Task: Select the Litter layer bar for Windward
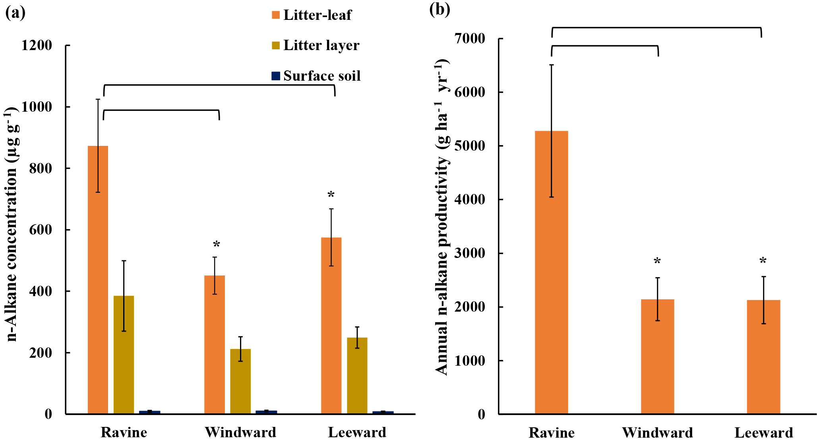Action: [240, 381]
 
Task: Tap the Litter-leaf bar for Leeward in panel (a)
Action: [331, 326]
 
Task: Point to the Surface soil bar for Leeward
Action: [383, 413]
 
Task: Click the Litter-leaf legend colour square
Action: [275, 15]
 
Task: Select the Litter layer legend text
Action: [321, 45]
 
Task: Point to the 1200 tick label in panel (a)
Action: [37, 45]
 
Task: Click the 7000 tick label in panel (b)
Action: [470, 39]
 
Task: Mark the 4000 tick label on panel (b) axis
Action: [470, 200]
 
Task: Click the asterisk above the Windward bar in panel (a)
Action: [216, 244]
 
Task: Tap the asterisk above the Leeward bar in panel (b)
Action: [763, 261]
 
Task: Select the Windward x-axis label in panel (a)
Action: [240, 432]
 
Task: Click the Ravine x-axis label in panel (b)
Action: [551, 432]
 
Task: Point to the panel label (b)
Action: [440, 10]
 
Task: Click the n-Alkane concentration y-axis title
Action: [12, 225]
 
